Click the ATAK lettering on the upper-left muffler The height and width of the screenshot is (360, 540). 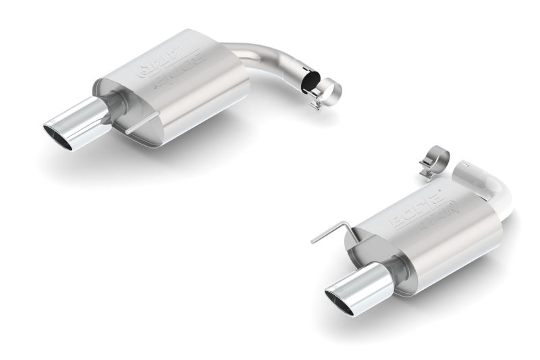point(149,64)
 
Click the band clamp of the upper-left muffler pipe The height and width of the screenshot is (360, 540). point(329,91)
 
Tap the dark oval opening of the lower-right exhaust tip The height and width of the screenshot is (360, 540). point(342,302)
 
